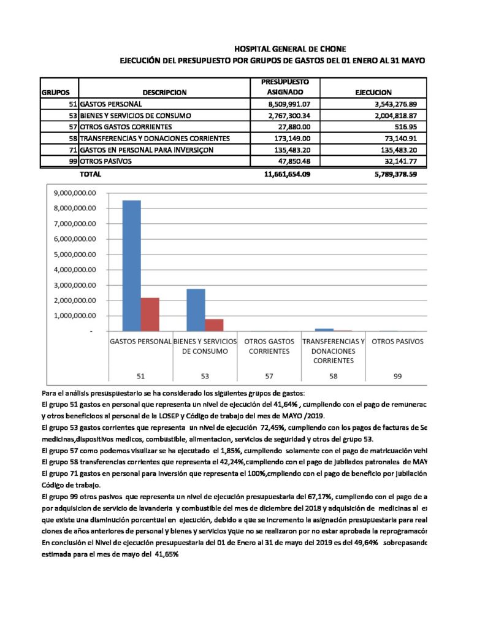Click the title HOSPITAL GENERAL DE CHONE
click(x=294, y=48)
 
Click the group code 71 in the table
click(x=72, y=150)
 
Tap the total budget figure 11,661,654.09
click(x=286, y=174)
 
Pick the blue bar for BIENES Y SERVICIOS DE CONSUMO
click(x=196, y=310)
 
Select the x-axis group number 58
click(x=333, y=376)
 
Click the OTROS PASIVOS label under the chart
click(x=397, y=341)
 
